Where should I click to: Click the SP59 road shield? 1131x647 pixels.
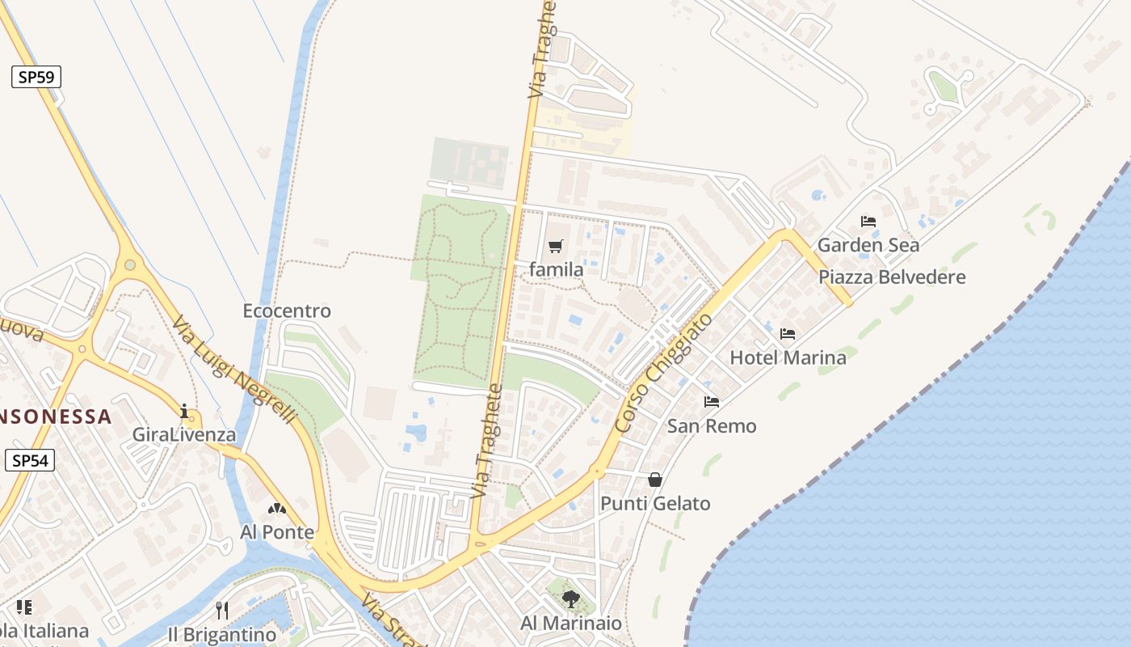tap(36, 78)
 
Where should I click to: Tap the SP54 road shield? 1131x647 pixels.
tap(31, 461)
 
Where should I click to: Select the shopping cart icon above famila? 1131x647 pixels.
tap(555, 247)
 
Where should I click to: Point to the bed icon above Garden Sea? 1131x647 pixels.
tap(868, 221)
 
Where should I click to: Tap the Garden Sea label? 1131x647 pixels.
tap(868, 245)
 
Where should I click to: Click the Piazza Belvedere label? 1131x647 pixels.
tap(892, 277)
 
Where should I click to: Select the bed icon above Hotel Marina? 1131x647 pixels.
tap(788, 333)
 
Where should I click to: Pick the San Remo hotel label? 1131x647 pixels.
tap(712, 426)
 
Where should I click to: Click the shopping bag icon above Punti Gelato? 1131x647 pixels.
tap(655, 480)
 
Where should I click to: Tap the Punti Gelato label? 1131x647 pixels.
tap(655, 504)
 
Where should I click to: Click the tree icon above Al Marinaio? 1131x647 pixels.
tap(571, 599)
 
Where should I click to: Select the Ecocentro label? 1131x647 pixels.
tap(287, 311)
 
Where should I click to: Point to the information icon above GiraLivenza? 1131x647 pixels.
tap(184, 411)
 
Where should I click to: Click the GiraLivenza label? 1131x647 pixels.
tap(184, 435)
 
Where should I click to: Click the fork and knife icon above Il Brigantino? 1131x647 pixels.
tap(222, 611)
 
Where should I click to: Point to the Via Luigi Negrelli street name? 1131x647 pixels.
tap(234, 369)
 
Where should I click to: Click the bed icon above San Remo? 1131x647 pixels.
tap(712, 402)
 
